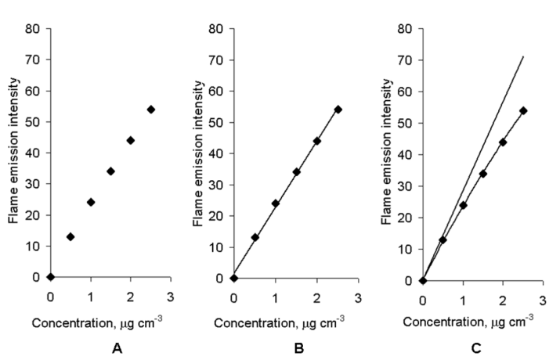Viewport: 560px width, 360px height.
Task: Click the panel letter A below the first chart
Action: tap(117, 349)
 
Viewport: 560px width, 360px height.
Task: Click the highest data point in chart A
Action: tap(151, 110)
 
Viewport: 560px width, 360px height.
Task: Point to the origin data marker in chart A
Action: tap(50, 276)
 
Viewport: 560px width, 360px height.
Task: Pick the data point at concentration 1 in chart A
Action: tap(91, 202)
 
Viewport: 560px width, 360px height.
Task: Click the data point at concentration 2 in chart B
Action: tap(317, 141)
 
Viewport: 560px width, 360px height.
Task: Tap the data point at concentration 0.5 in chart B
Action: tap(255, 237)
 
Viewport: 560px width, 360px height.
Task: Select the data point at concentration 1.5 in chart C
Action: tap(482, 174)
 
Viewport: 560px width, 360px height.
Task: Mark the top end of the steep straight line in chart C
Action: tap(523, 56)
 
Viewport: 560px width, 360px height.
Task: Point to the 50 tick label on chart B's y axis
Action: tap(217, 122)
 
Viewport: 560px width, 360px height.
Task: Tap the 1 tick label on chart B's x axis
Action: tap(275, 297)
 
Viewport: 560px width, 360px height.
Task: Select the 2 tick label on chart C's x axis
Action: tap(503, 299)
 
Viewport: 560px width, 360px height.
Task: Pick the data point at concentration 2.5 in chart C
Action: tap(523, 110)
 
